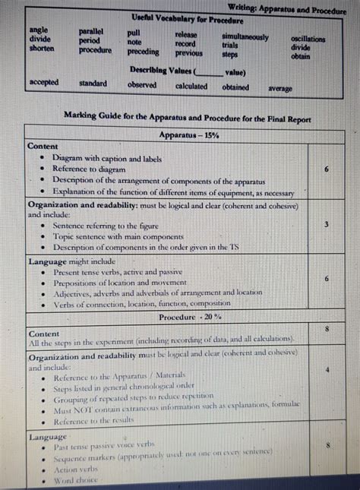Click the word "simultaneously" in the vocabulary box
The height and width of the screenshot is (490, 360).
245,36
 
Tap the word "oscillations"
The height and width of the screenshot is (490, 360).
308,39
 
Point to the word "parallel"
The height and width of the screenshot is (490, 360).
95,32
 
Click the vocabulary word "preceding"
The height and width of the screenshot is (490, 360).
143,52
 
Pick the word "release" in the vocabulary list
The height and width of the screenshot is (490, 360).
186,35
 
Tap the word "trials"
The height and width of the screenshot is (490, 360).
231,46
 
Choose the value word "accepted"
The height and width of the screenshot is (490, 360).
43,81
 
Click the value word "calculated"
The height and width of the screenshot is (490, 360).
191,86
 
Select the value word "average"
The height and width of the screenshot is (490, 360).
279,89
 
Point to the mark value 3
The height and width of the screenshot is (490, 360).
326,225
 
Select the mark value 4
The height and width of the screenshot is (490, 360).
326,370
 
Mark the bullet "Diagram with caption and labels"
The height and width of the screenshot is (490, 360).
106,158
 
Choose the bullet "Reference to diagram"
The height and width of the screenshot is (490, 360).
88,169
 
